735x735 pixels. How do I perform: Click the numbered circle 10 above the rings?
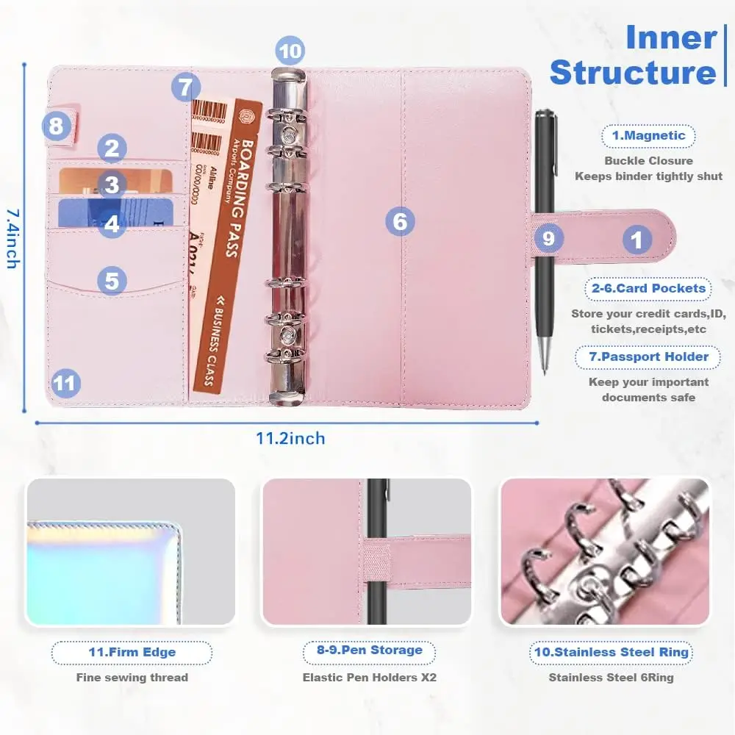coord(290,51)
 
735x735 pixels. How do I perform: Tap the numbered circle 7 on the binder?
coord(186,87)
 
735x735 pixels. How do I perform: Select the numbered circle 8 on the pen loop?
coord(57,126)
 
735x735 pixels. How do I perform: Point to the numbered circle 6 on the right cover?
coord(400,220)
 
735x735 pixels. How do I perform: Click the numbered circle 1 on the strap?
coord(637,240)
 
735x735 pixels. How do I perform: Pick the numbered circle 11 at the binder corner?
coord(65,383)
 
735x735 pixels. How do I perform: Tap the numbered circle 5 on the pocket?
coord(112,280)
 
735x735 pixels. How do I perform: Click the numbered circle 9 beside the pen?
coord(548,238)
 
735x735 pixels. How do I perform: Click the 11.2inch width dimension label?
coord(290,439)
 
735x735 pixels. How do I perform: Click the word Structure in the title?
coord(632,72)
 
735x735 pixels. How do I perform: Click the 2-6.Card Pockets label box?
coord(648,288)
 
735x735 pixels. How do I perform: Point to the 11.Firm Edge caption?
coord(132,652)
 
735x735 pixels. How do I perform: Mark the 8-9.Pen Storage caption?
coord(370,650)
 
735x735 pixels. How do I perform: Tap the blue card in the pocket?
coord(114,212)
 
